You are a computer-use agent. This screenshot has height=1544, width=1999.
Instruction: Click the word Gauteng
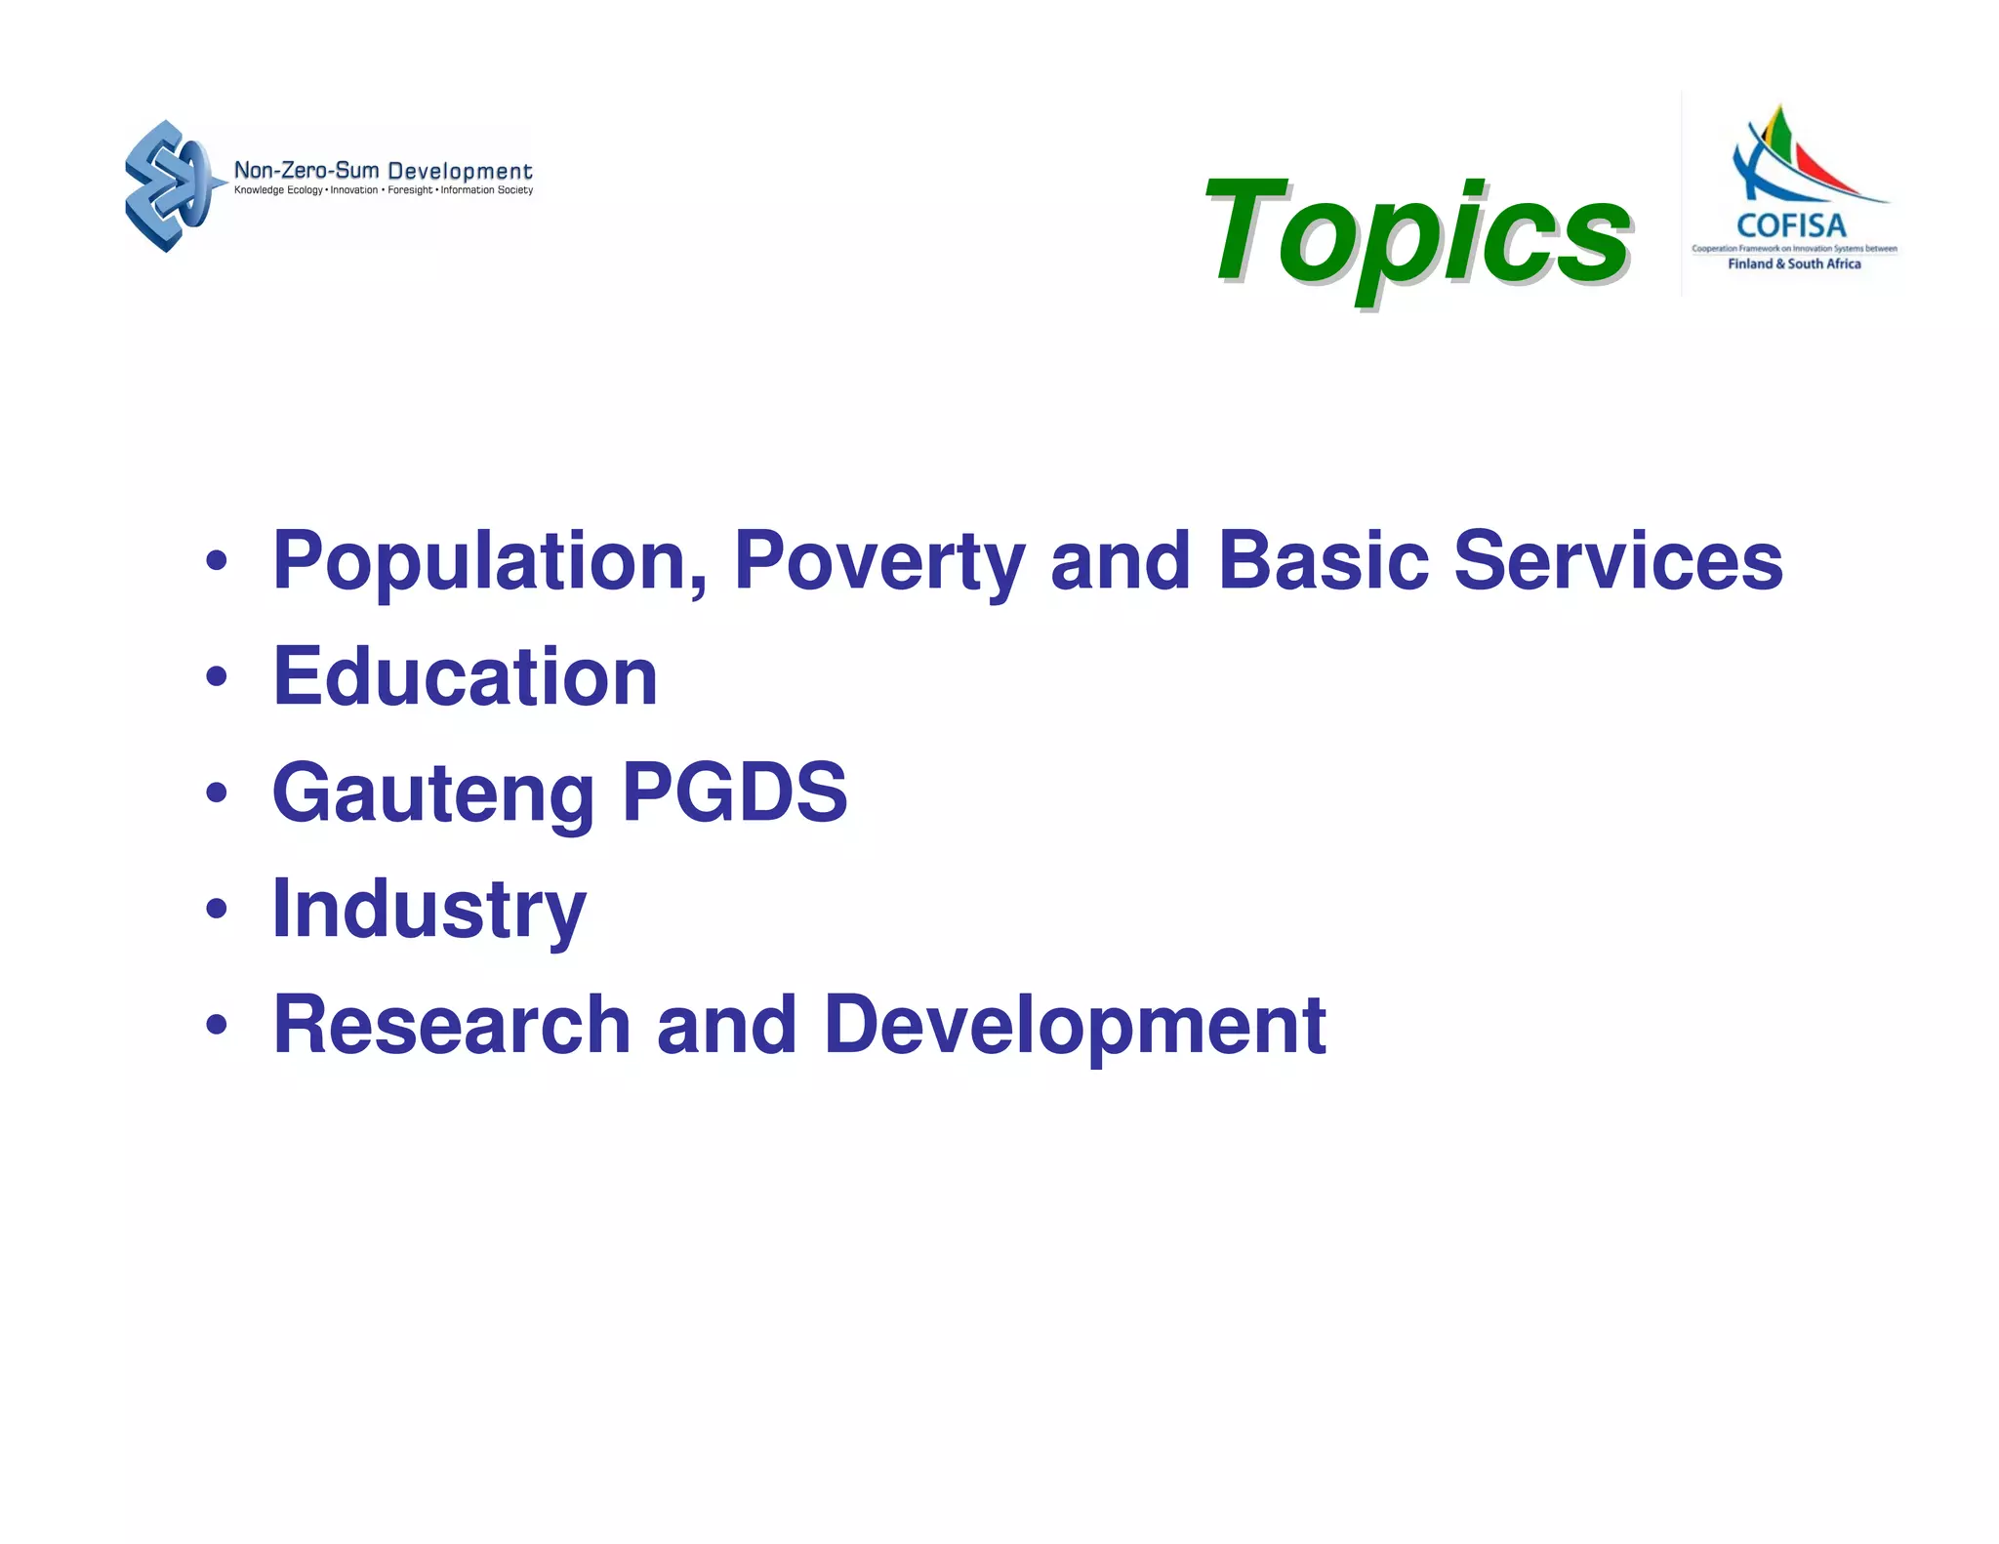(x=432, y=792)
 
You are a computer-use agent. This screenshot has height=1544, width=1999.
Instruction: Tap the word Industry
(x=428, y=909)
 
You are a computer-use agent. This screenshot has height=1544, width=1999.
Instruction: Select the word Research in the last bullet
(x=452, y=1025)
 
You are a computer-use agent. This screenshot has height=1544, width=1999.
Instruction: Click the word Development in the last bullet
(x=1074, y=1025)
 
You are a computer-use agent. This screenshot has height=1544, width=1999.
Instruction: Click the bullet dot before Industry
(x=217, y=909)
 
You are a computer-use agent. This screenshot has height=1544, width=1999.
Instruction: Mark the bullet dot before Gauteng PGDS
(x=217, y=792)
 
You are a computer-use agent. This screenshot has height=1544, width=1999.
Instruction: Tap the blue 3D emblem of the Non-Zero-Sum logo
(x=168, y=185)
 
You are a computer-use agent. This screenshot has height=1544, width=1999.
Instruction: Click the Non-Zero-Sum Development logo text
(x=383, y=171)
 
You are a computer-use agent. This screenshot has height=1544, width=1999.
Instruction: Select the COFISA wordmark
(x=1791, y=226)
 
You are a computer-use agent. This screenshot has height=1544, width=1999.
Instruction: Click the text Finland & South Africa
(x=1794, y=264)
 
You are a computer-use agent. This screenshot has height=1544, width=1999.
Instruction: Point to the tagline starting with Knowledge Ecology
(x=383, y=190)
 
